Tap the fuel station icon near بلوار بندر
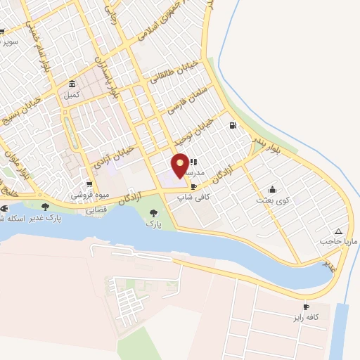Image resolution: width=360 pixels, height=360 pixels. [232, 126]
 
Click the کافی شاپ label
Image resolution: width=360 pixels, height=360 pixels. [194, 198]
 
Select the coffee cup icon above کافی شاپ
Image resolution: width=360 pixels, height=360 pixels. [194, 187]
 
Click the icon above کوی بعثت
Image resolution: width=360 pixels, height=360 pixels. [272, 189]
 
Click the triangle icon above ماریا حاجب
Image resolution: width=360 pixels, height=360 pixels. [339, 231]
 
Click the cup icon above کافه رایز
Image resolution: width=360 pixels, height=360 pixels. [306, 307]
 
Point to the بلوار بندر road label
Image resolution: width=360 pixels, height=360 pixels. [266, 146]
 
